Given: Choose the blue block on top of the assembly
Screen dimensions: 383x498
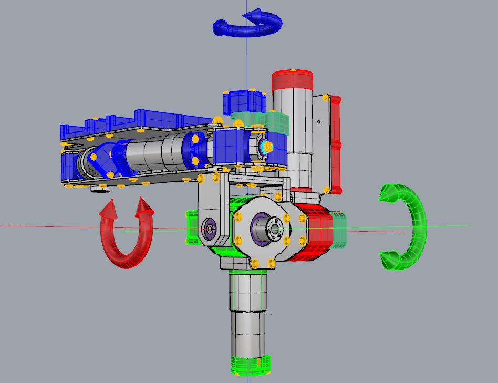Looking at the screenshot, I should coord(242,101).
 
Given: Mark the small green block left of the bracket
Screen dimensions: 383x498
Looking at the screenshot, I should coord(191,227).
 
